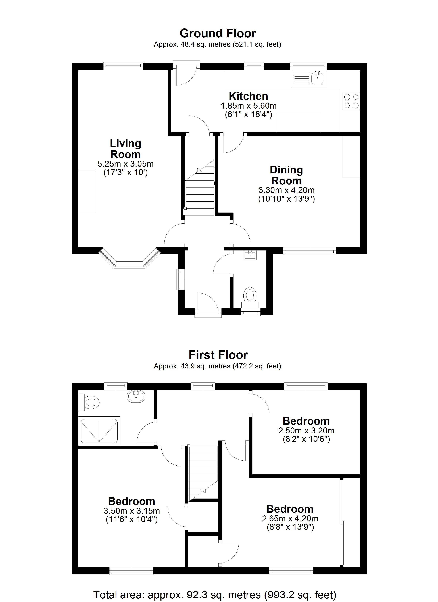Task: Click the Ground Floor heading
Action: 218,33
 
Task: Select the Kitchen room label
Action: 248,96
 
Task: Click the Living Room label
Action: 125,149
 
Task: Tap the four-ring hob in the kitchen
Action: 351,101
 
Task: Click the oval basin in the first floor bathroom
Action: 136,397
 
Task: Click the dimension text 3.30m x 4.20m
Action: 286,190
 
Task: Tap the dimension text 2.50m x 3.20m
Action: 306,431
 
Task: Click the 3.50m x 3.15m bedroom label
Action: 132,510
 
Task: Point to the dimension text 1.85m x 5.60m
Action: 249,106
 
